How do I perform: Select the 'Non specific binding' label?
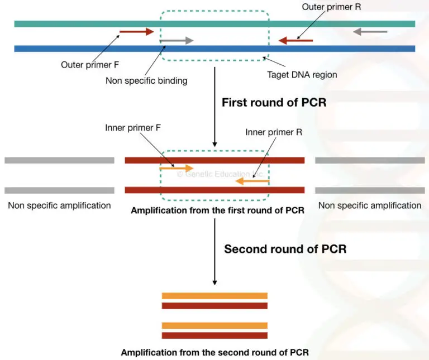(146, 80)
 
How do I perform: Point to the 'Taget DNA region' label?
(302, 74)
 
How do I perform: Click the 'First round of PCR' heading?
(274, 103)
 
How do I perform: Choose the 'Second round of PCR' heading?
(285, 249)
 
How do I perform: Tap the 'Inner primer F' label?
(133, 128)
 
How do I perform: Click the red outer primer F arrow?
(136, 32)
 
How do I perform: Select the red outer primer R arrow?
(296, 40)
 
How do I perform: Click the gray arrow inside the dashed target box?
(177, 40)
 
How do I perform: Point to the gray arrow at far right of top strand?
(370, 32)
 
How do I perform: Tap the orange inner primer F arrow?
(177, 167)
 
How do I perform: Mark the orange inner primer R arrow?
(252, 181)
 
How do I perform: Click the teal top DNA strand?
(84, 23)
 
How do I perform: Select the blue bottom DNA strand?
(84, 49)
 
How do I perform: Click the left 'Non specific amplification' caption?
(59, 205)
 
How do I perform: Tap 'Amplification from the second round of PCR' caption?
(214, 353)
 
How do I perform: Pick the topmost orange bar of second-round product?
(214, 296)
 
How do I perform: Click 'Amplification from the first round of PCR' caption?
(217, 210)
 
